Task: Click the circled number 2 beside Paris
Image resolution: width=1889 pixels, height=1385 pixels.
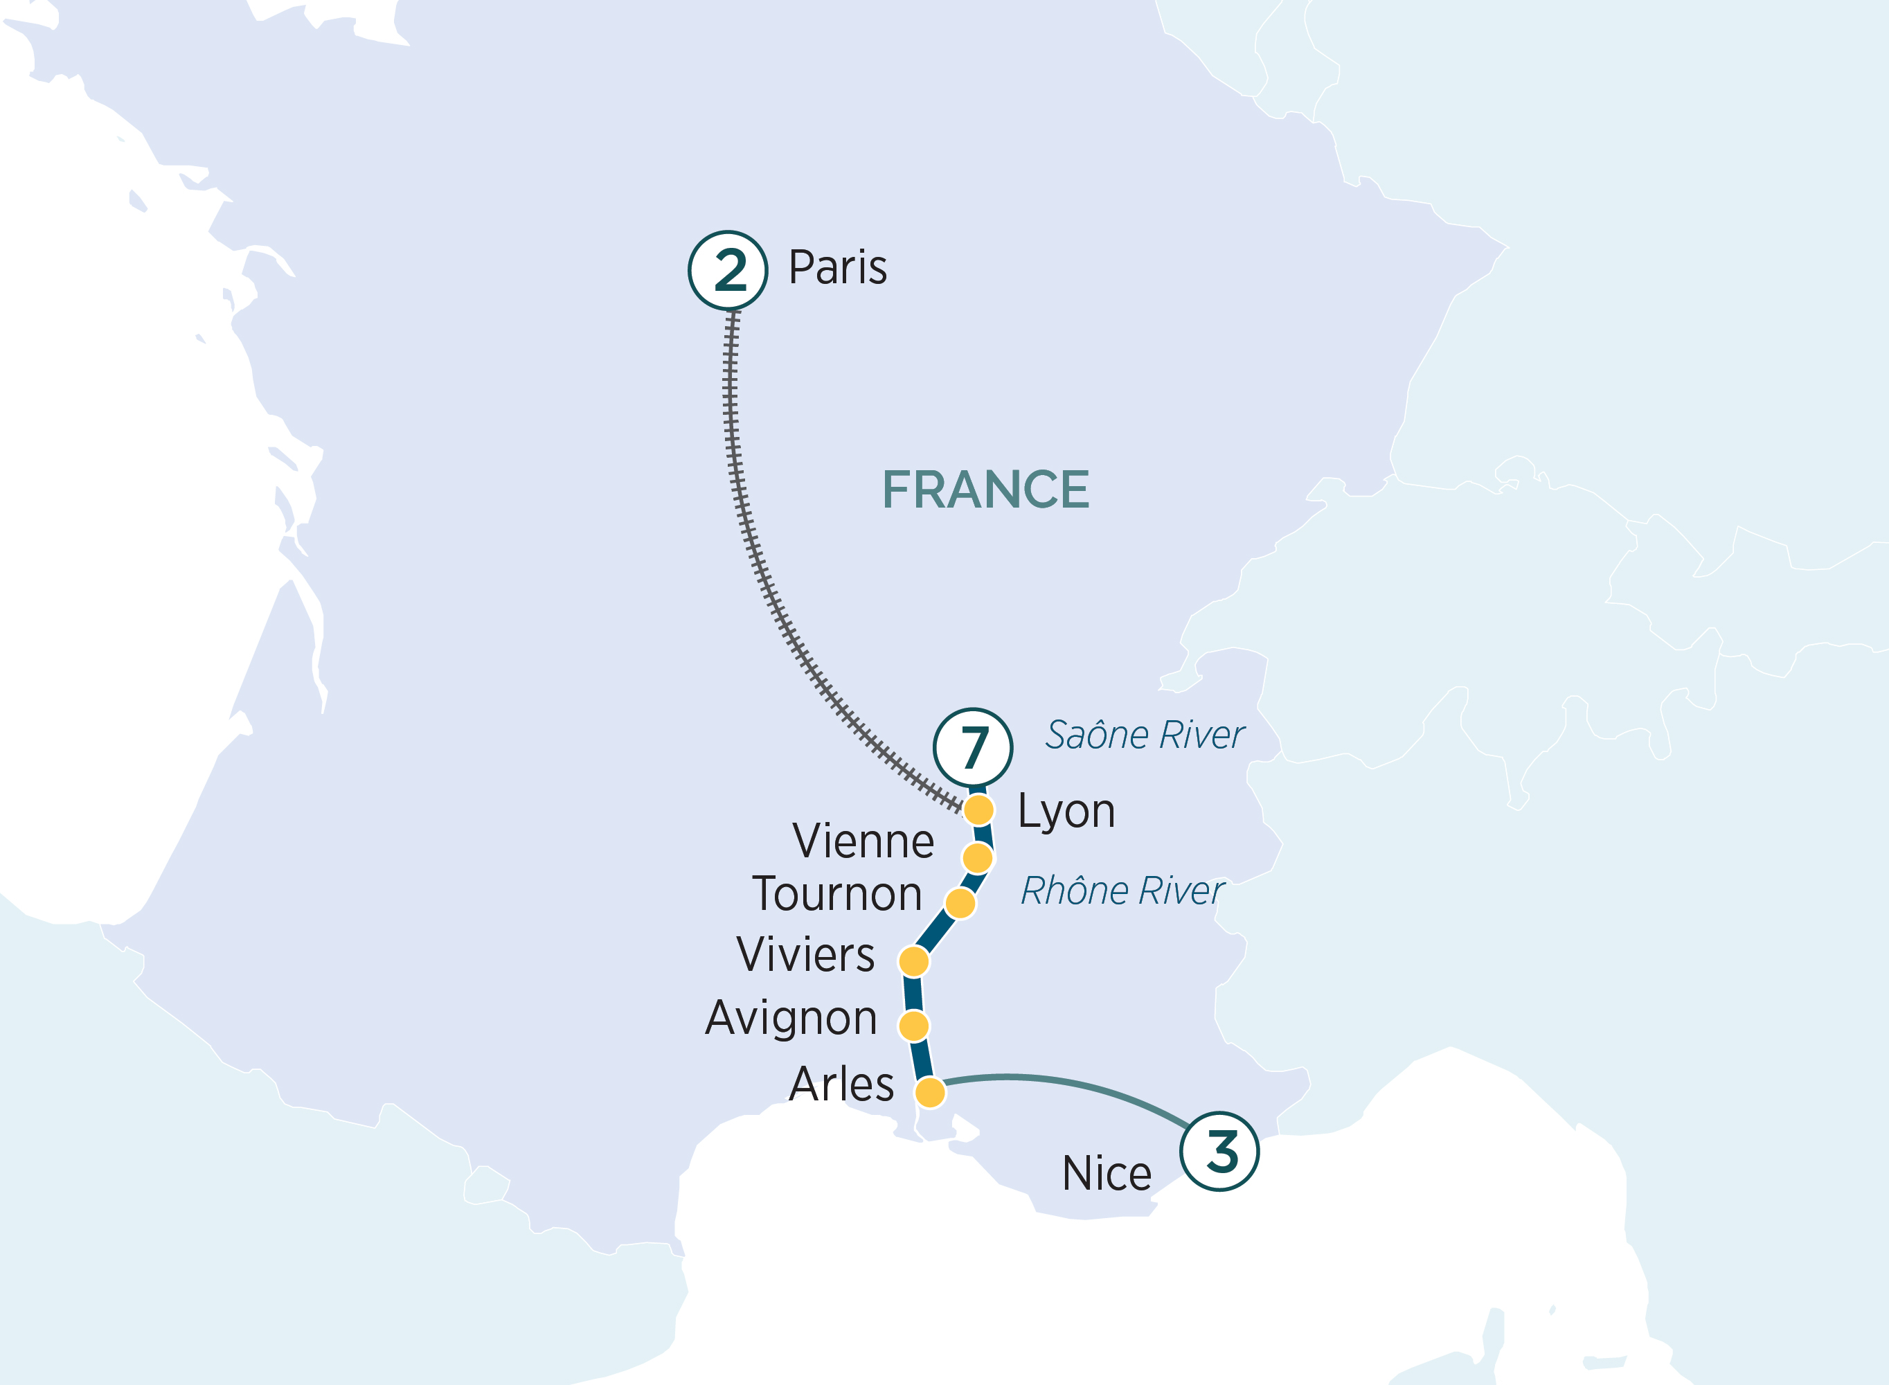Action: (x=728, y=271)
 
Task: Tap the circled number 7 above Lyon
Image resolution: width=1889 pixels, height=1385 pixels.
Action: (x=973, y=747)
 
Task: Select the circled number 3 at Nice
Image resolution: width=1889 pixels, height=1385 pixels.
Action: (x=1219, y=1151)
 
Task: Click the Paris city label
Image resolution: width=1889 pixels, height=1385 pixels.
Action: (x=837, y=268)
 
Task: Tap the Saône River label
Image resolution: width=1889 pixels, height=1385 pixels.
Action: (x=1144, y=735)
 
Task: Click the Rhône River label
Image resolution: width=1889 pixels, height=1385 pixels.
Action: (x=1122, y=891)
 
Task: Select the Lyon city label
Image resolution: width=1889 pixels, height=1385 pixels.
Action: (x=1066, y=812)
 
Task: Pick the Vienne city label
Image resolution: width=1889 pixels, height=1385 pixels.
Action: (x=863, y=841)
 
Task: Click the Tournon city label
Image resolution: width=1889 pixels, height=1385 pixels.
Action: (x=837, y=894)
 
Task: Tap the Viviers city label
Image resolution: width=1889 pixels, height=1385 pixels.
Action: (x=805, y=955)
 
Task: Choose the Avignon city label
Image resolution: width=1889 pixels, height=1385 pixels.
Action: (x=791, y=1019)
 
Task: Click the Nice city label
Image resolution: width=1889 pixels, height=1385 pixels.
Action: (x=1107, y=1174)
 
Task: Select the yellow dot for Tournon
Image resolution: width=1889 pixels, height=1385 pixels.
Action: (x=960, y=904)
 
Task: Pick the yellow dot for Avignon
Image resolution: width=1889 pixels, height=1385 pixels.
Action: (x=913, y=1026)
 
